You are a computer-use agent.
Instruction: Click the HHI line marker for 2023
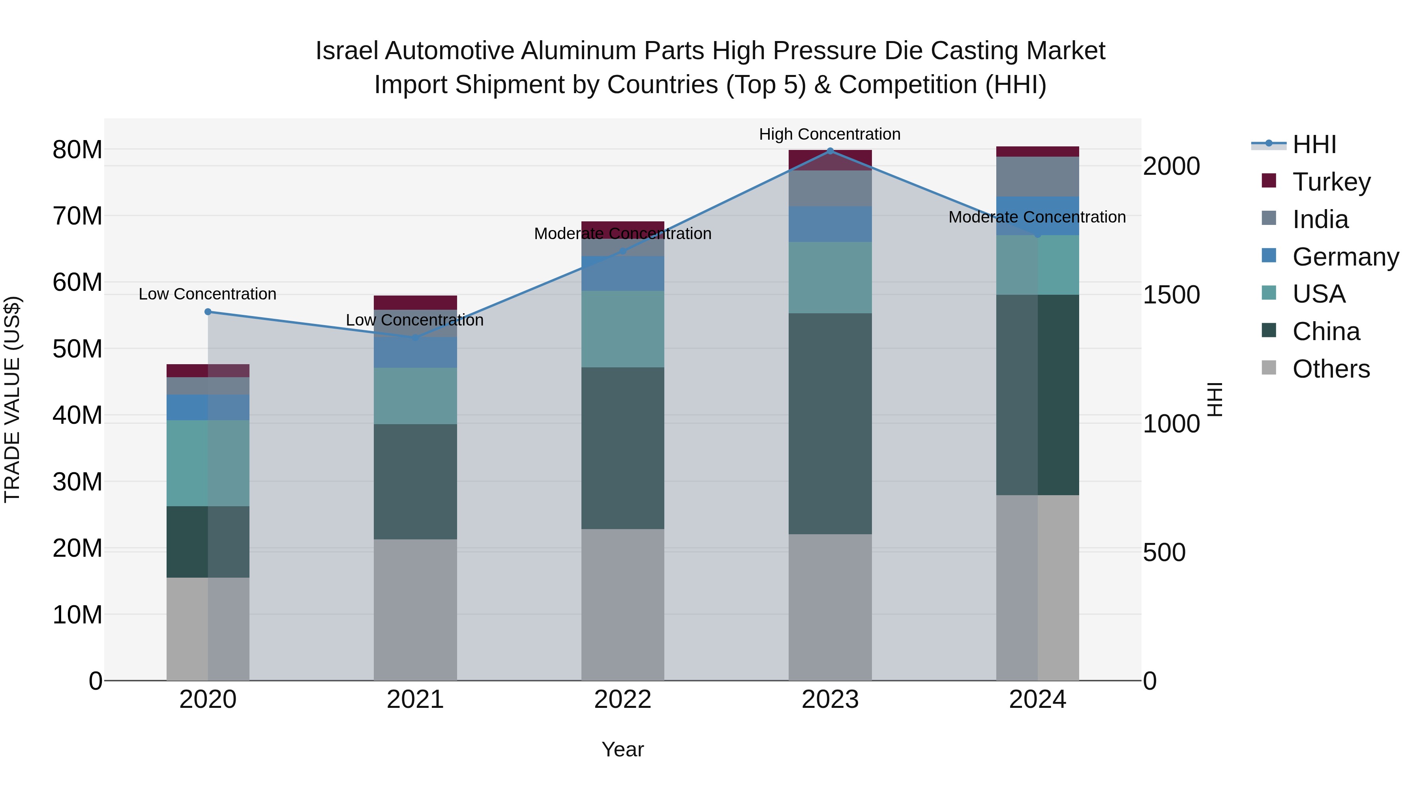830,151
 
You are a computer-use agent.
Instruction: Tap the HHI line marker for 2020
208,312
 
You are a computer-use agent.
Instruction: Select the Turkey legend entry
1331,182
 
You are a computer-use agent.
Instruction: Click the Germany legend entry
1345,257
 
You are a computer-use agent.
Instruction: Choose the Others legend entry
1331,369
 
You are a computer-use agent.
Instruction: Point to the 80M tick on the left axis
77,150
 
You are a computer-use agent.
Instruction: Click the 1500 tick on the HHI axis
1171,295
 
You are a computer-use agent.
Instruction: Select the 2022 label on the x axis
623,700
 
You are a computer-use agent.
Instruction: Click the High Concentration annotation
830,134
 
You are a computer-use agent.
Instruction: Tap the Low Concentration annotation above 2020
207,294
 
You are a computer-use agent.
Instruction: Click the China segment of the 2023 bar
830,423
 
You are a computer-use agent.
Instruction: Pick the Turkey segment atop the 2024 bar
1038,152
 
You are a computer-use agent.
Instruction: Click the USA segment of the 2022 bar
623,329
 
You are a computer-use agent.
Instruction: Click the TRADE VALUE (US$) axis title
12,399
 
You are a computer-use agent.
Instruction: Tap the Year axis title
623,749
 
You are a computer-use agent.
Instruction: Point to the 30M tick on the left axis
77,482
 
